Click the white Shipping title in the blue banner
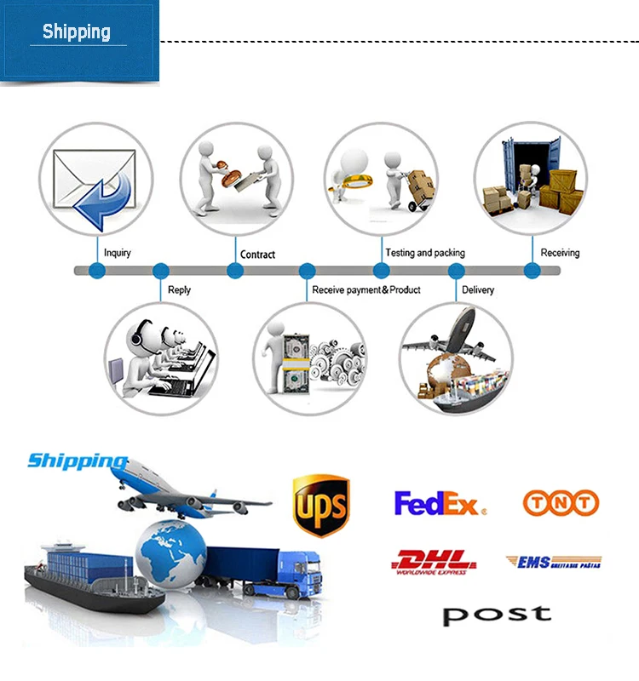pyautogui.click(x=77, y=32)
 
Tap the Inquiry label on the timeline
pyautogui.click(x=118, y=253)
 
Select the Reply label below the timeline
pyautogui.click(x=179, y=290)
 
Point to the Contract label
pyautogui.click(x=257, y=255)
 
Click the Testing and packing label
pyautogui.click(x=425, y=253)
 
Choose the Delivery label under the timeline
pyautogui.click(x=478, y=290)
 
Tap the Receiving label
pyautogui.click(x=560, y=253)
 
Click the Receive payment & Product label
pyautogui.click(x=366, y=290)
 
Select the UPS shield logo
pyautogui.click(x=320, y=506)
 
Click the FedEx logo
pyautogui.click(x=440, y=503)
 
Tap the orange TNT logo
pyautogui.click(x=561, y=503)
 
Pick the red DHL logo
pyautogui.click(x=434, y=562)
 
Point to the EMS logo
pyautogui.click(x=553, y=562)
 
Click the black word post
pyautogui.click(x=497, y=614)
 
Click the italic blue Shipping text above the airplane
pyautogui.click(x=77, y=461)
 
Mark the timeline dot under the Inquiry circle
pyautogui.click(x=97, y=271)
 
